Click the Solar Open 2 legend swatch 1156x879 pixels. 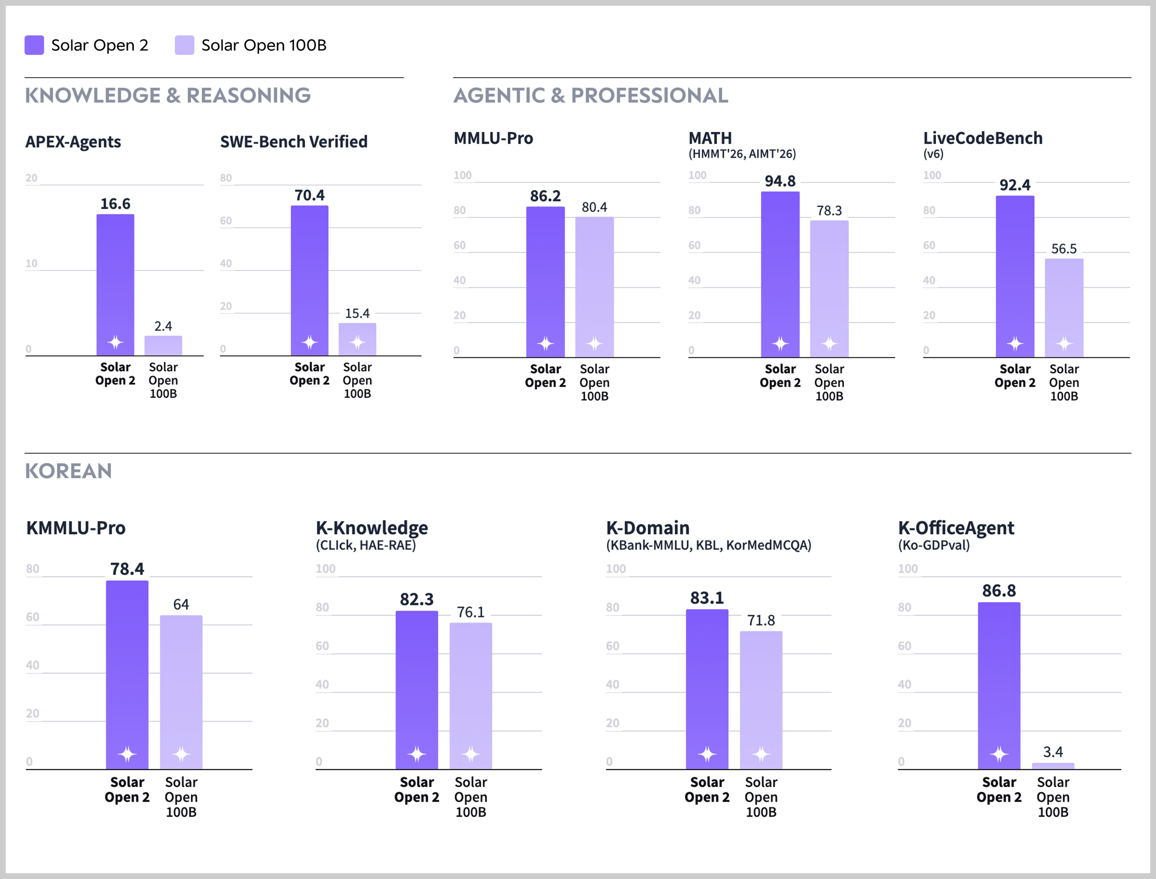click(34, 45)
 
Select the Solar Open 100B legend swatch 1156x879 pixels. click(185, 45)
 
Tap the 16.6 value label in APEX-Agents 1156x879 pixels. click(115, 203)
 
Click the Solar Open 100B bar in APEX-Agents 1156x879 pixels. click(163, 346)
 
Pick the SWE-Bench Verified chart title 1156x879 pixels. click(294, 142)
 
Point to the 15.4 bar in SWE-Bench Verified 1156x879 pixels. click(357, 339)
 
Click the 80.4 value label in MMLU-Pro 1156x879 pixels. click(595, 207)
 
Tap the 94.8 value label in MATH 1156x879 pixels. click(780, 181)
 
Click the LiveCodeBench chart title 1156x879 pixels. click(983, 138)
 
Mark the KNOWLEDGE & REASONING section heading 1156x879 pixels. click(168, 95)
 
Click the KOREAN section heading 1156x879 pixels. click(69, 471)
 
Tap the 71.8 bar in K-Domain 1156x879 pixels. click(761, 700)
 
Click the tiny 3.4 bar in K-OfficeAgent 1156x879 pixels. click(1053, 766)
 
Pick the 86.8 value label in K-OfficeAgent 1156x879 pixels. click(999, 591)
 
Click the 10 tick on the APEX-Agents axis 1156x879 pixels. click(31, 263)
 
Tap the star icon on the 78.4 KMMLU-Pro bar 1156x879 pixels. click(127, 754)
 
